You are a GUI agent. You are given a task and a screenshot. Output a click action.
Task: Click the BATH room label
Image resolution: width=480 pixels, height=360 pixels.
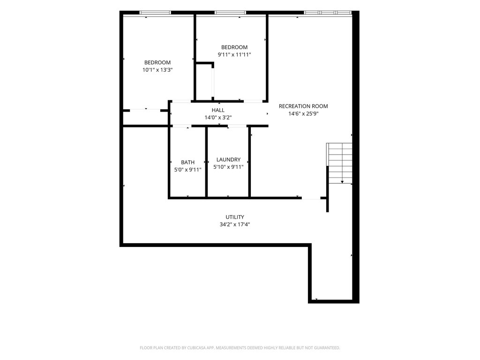click(187, 162)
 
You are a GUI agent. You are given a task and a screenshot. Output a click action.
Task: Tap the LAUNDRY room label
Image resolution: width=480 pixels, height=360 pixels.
click(228, 159)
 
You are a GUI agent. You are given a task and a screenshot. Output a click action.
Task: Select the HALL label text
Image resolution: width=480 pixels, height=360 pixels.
click(218, 110)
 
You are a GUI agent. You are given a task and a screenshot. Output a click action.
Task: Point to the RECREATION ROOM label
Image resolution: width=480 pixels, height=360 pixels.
click(303, 106)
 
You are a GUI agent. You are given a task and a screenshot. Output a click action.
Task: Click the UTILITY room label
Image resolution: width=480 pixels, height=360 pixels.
click(235, 217)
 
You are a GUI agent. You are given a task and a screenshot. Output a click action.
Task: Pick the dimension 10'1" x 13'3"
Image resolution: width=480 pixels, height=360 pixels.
click(157, 70)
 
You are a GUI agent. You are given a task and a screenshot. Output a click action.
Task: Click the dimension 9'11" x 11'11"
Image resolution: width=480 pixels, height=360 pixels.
click(234, 54)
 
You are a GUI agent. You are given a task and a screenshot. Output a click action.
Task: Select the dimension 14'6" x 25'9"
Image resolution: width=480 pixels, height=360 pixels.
click(303, 113)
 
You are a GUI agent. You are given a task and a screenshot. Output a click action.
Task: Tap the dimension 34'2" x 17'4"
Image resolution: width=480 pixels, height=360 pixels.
click(235, 225)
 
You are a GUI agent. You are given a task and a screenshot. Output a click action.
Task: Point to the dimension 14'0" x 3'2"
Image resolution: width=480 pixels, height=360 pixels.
click(218, 117)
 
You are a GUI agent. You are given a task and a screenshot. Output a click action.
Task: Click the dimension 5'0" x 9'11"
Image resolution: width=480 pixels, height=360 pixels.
click(187, 170)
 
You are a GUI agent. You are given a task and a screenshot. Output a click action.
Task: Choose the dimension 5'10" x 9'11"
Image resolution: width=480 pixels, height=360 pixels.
click(228, 167)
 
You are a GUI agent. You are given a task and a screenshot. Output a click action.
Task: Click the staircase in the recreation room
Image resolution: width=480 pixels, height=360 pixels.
click(339, 163)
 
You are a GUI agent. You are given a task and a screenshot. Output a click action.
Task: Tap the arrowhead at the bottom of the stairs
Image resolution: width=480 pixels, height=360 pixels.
click(342, 182)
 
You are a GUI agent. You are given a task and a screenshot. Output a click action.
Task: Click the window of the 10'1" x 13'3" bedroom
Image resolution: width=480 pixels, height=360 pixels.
click(155, 13)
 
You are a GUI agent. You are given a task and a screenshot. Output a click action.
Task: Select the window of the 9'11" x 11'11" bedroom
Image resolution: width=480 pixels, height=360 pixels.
click(230, 13)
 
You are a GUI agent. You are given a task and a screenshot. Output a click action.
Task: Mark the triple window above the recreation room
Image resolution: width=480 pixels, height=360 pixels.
click(328, 13)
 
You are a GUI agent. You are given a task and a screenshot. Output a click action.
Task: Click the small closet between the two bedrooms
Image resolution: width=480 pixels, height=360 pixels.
click(204, 82)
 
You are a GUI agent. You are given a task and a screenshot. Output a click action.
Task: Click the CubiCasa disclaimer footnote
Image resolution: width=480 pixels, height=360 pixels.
click(240, 348)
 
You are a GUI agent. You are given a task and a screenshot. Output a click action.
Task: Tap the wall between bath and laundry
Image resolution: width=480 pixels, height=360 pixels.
click(206, 162)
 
